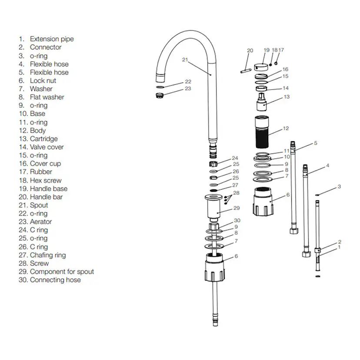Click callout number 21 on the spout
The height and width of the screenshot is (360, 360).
(185, 60)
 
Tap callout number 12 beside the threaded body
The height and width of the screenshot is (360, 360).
(286, 129)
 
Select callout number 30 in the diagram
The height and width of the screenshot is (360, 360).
(237, 220)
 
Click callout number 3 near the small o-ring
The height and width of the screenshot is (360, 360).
(339, 187)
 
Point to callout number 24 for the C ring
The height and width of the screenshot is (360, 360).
(235, 158)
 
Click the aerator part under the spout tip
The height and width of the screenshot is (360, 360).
(160, 95)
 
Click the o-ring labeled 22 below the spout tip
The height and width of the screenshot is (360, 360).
(160, 87)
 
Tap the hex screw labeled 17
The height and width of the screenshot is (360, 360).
(276, 62)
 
